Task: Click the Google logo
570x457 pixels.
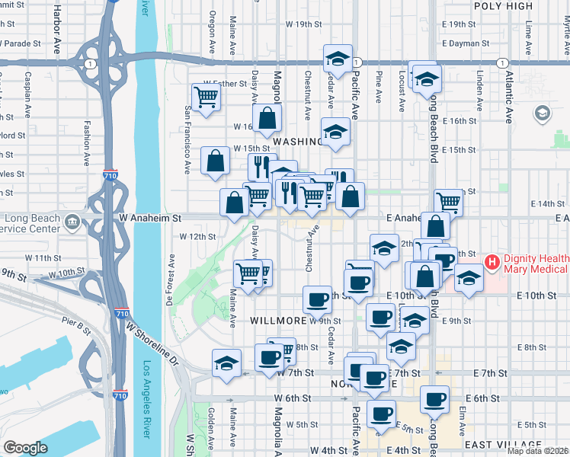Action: point(26,448)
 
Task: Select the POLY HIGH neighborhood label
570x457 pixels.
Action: point(503,6)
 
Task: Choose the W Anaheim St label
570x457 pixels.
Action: point(149,217)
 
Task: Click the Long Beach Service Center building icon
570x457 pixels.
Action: point(72,222)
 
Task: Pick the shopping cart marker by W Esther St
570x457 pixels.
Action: point(206,97)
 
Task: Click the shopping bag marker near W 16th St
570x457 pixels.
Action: point(267,118)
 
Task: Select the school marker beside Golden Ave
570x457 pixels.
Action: point(226,363)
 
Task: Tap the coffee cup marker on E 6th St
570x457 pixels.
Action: point(435,398)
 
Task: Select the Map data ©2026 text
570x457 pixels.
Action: point(537,451)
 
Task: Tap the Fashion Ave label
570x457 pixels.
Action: point(88,137)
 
